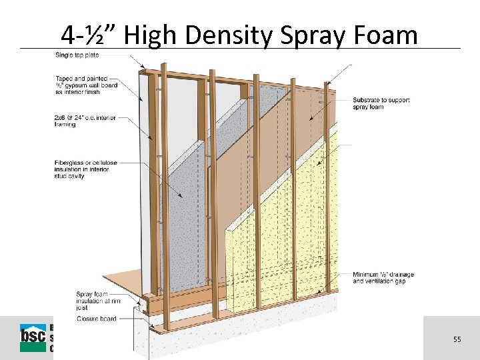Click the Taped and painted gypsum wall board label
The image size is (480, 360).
[84, 85]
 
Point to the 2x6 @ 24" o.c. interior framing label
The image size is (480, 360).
[85, 121]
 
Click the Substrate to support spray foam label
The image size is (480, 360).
[381, 103]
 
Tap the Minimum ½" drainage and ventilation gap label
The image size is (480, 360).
[383, 278]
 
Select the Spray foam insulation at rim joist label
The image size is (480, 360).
[94, 301]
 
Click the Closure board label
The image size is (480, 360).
[97, 319]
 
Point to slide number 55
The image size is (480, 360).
[457, 339]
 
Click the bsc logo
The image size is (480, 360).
[33, 337]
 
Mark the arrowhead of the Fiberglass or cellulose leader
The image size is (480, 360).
[183, 196]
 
